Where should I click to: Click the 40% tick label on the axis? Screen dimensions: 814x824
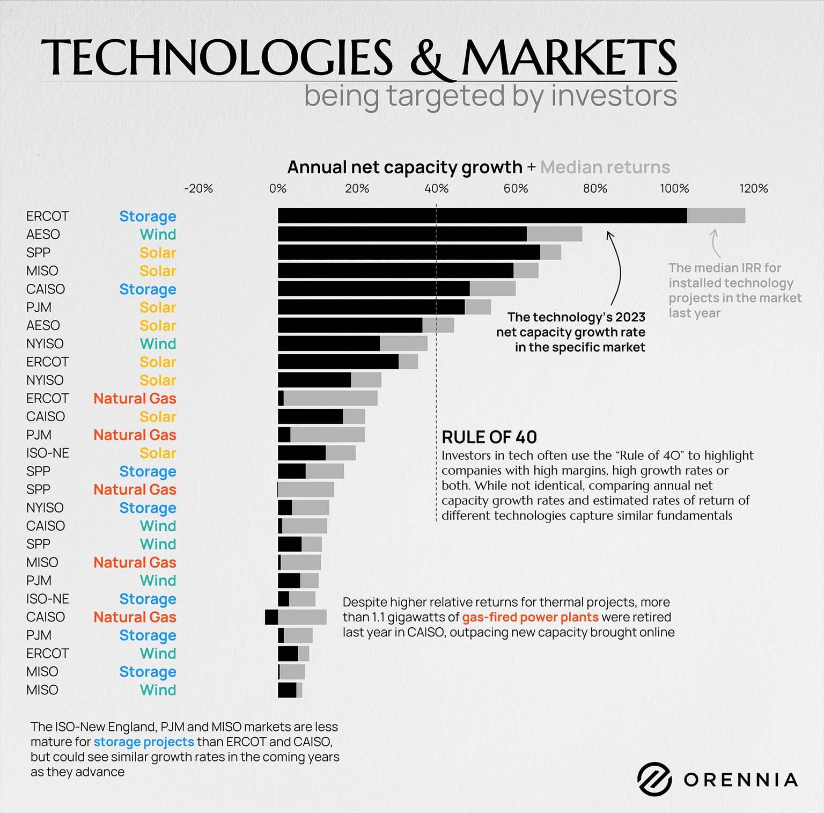click(x=436, y=188)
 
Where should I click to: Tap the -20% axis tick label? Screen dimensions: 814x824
click(x=198, y=188)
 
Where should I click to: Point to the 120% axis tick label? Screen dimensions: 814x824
click(x=753, y=188)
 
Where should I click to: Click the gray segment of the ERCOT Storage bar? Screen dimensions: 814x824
click(x=716, y=216)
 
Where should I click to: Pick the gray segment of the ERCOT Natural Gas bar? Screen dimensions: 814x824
click(x=330, y=398)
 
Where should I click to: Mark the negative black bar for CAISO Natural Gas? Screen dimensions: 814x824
click(x=271, y=617)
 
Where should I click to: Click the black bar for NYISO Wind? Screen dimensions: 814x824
click(x=328, y=343)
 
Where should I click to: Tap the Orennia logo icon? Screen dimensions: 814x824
click(x=654, y=779)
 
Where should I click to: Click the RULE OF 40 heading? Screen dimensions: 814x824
click(x=489, y=437)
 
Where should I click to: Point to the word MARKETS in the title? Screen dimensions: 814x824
click(x=569, y=57)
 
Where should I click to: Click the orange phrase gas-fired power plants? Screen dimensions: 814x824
click(x=530, y=617)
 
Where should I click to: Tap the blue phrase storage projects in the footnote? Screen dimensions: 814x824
click(x=144, y=742)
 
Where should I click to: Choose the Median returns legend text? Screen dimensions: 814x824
click(x=605, y=167)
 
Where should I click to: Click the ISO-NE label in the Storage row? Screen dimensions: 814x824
click(x=47, y=599)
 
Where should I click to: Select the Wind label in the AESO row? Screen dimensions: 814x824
click(x=158, y=234)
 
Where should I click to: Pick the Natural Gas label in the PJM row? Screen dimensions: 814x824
click(x=135, y=435)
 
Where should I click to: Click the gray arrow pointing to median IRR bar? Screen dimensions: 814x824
click(x=715, y=243)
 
